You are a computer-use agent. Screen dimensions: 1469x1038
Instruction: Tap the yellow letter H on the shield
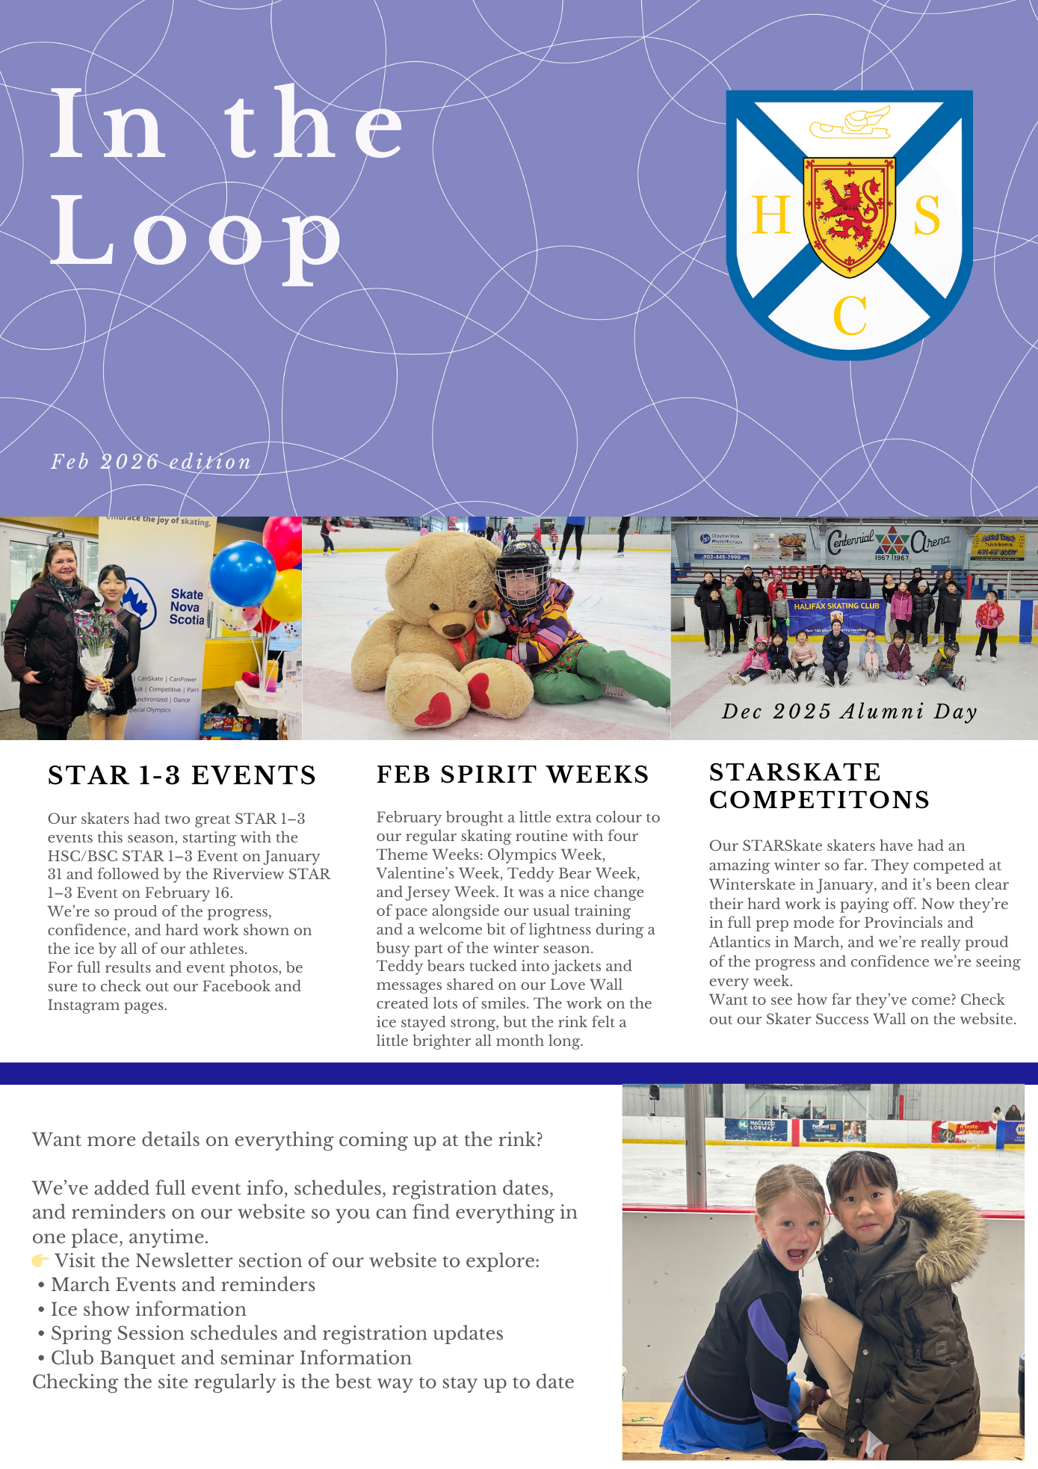[x=770, y=216]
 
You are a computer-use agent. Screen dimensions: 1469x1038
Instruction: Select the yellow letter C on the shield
[x=850, y=316]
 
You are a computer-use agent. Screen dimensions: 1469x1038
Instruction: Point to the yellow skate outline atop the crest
[x=851, y=124]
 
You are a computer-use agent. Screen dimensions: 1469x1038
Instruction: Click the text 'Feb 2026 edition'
[x=151, y=462]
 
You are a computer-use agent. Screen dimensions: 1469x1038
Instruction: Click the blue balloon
[x=242, y=573]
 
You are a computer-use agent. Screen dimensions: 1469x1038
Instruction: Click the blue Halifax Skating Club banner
[x=837, y=618]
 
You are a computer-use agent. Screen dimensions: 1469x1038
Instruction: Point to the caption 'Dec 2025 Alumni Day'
[x=850, y=711]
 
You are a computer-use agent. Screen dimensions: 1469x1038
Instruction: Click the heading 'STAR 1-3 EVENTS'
[x=182, y=775]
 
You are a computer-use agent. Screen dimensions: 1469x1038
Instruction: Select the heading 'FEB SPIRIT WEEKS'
[x=513, y=774]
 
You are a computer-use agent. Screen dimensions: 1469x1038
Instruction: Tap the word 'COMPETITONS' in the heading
[x=819, y=800]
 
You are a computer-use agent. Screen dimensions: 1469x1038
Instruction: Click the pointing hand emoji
[x=40, y=1261]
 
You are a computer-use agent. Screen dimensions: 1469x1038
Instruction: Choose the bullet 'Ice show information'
[x=148, y=1309]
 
